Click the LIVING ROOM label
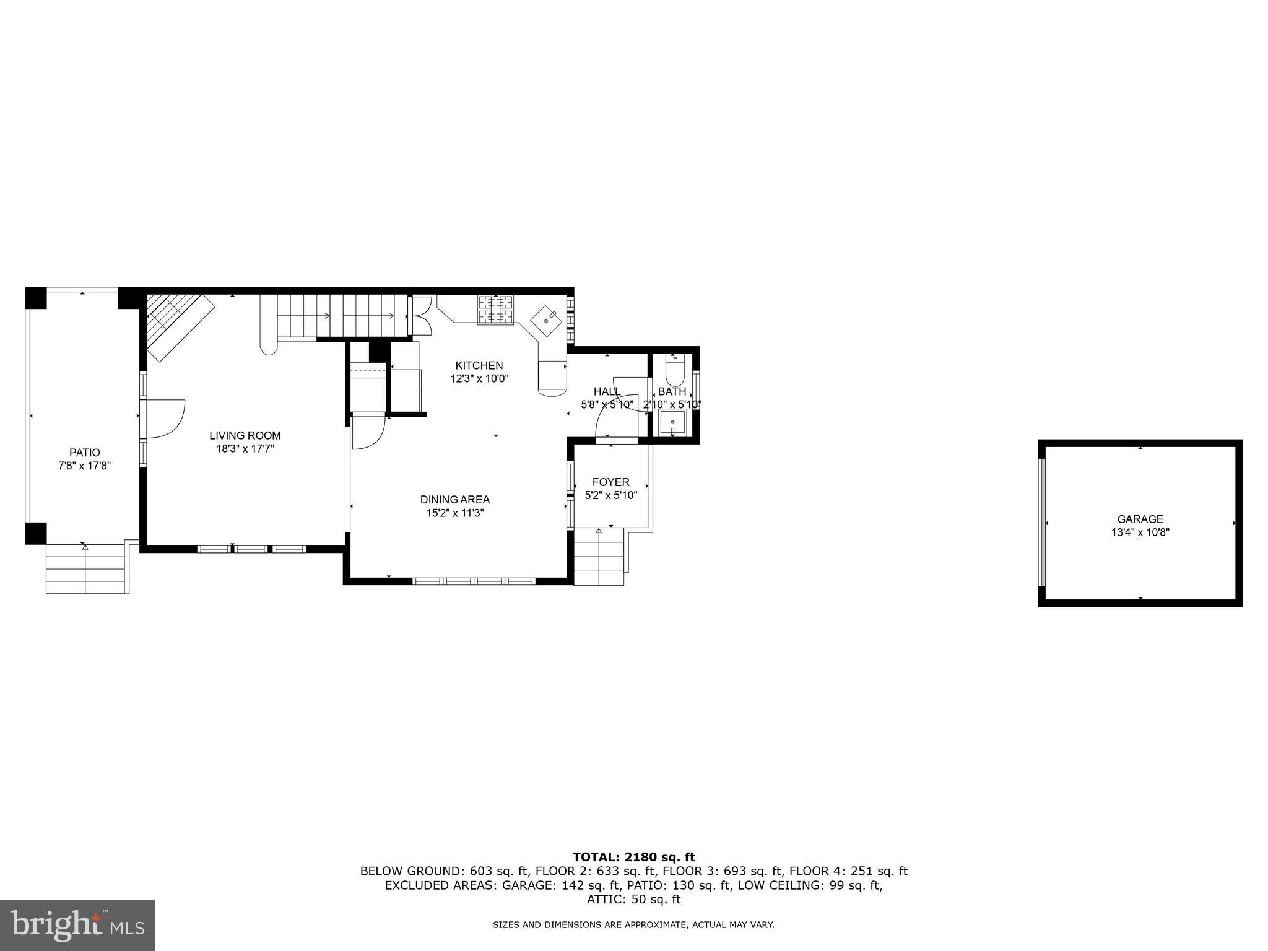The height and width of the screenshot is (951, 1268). point(245,435)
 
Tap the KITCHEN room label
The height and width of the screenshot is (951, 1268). point(479,365)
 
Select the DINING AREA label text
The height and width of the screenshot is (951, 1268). point(454,499)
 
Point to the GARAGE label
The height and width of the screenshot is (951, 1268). point(1140,519)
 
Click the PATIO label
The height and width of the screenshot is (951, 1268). point(84,453)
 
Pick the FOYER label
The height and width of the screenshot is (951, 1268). point(610,482)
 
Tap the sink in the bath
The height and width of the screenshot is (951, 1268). point(672,424)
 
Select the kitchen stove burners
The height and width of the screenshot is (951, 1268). point(495,310)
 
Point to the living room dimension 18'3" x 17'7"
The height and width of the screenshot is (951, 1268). point(245,449)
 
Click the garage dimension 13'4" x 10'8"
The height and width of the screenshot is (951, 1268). point(1140,532)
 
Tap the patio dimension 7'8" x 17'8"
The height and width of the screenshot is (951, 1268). point(84,466)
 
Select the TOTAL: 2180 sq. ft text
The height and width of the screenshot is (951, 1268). point(633,857)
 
